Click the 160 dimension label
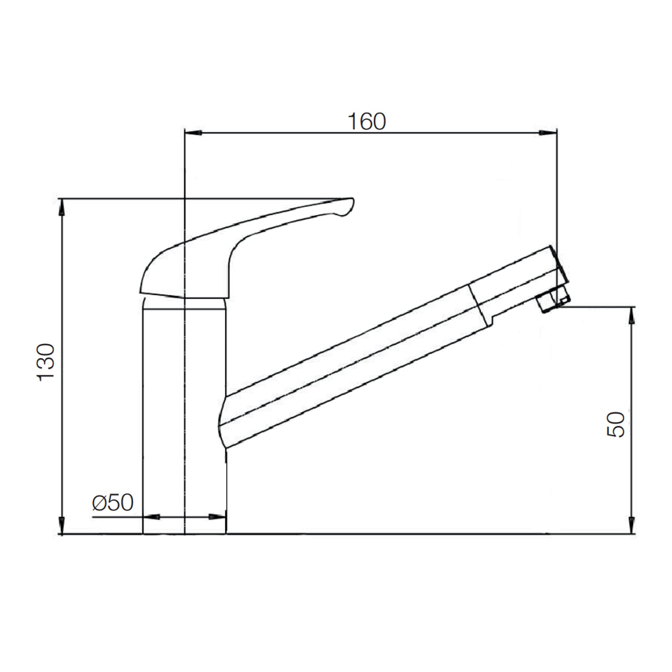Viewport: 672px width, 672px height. click(366, 121)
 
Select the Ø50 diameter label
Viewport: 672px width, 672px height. click(113, 503)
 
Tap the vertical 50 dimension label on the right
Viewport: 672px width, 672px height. click(616, 424)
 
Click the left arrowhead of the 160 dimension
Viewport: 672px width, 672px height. click(194, 133)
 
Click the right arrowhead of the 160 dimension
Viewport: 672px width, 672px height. click(547, 133)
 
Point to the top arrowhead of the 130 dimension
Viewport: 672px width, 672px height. click(62, 207)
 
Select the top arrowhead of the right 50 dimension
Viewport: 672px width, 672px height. click(632, 315)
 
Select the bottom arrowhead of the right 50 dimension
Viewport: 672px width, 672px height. click(632, 525)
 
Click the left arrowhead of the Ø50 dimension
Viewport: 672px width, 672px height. click(151, 517)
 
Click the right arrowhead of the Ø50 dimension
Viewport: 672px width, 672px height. click(217, 517)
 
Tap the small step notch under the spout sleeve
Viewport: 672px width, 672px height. click(492, 320)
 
